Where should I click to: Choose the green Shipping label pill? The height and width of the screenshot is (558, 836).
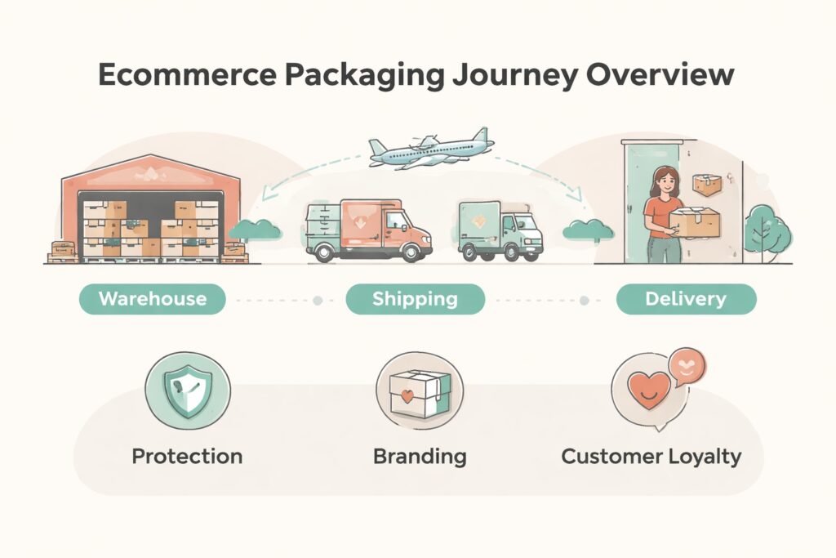click(x=415, y=299)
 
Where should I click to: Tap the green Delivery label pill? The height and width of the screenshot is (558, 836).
click(x=686, y=299)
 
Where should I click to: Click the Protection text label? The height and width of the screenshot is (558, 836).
click(x=187, y=456)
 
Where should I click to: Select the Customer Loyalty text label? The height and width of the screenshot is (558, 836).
click(x=651, y=456)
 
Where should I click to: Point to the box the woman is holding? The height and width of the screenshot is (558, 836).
click(x=694, y=221)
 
